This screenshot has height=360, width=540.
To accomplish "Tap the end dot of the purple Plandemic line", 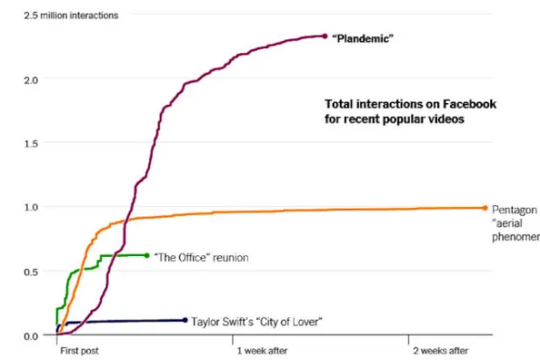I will tap(325, 37).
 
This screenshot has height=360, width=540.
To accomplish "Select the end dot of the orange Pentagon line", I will tap(485, 208).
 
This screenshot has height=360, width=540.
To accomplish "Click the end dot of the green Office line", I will tap(146, 255).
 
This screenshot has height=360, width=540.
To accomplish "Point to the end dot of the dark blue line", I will tap(185, 320).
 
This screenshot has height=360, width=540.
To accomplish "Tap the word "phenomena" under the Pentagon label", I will tap(516, 236).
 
